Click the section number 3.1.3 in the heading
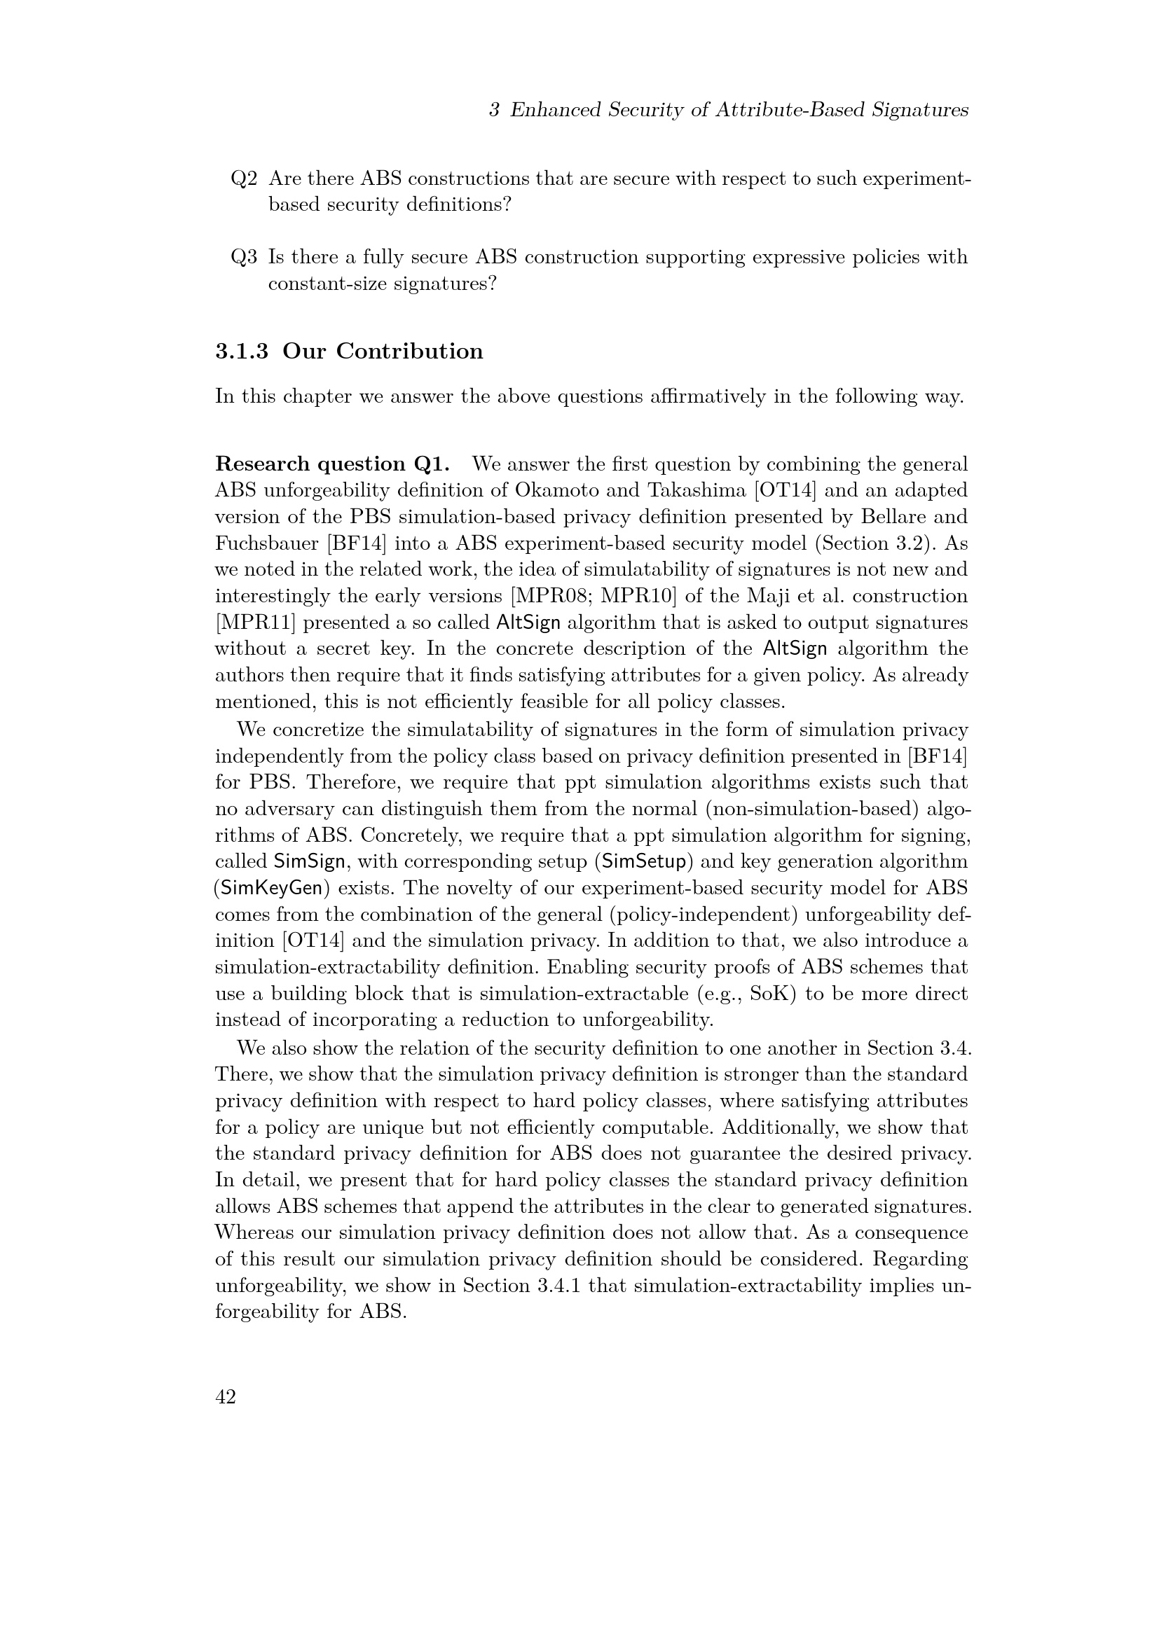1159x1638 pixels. [242, 352]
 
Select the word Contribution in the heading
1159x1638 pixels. [410, 352]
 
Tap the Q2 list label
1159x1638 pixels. [243, 179]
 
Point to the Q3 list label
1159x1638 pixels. [243, 257]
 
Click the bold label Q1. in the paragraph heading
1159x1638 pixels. [432, 464]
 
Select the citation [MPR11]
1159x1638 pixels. [247, 623]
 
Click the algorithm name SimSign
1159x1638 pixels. [310, 862]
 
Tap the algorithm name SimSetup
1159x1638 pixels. [645, 862]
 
